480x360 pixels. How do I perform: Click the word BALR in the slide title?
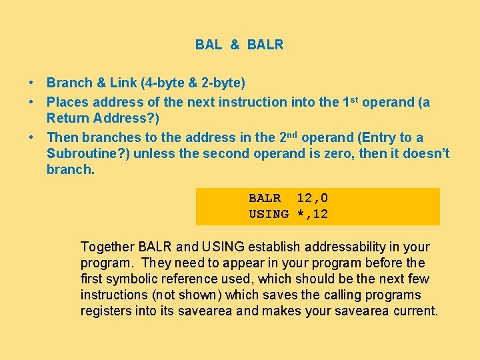[265, 45]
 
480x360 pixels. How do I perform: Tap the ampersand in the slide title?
[235, 45]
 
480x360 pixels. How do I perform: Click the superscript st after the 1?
[354, 100]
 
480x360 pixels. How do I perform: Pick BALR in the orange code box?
[265, 198]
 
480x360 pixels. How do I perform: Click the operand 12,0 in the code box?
[312, 198]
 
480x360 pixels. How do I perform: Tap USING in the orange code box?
[269, 214]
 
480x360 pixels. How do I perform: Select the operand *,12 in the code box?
[312, 214]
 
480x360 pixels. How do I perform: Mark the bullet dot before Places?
[31, 103]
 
